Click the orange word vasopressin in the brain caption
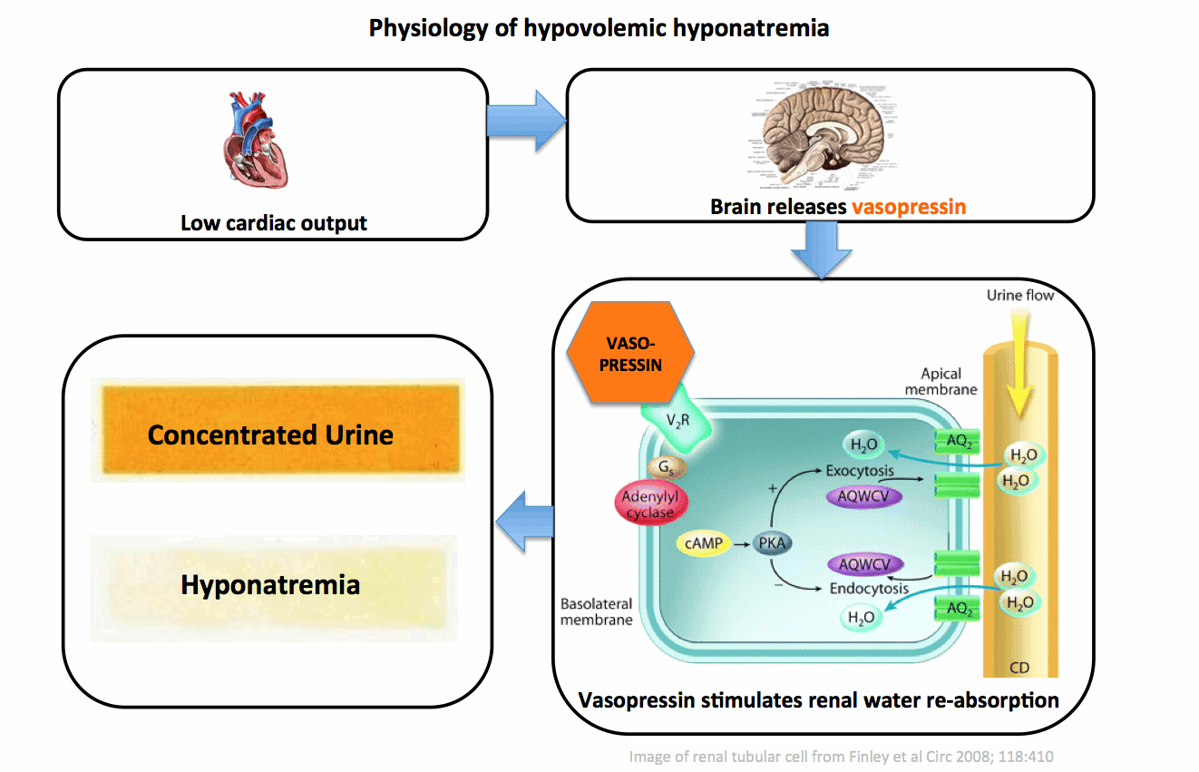click(x=908, y=207)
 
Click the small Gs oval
click(x=667, y=468)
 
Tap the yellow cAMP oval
click(x=704, y=543)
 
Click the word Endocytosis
click(x=868, y=588)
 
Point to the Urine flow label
click(x=1020, y=296)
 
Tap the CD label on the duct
click(x=1020, y=669)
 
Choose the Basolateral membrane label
click(x=596, y=612)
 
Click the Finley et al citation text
click(x=841, y=756)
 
